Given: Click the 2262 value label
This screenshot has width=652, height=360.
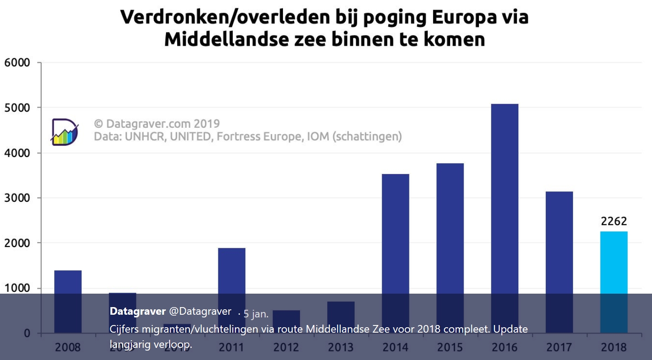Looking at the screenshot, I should pyautogui.click(x=614, y=221).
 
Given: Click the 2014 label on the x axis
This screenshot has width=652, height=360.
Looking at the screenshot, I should pyautogui.click(x=396, y=347).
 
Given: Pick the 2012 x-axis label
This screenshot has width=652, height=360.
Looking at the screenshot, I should pyautogui.click(x=286, y=347).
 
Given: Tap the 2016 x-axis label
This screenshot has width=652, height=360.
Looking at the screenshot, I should pyautogui.click(x=504, y=347).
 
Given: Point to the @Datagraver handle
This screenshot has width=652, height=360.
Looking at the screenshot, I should pyautogui.click(x=200, y=311).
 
